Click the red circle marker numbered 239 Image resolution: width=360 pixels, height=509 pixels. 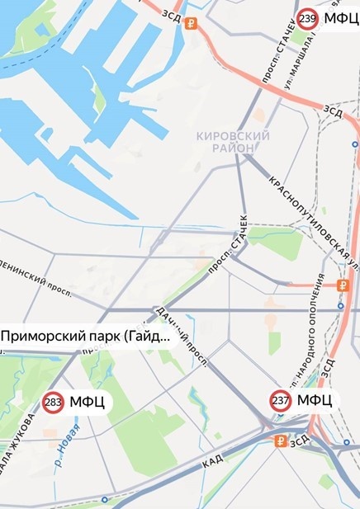point(308,19)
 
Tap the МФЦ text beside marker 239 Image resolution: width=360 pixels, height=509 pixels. point(340,19)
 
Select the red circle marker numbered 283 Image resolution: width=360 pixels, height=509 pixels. point(54,403)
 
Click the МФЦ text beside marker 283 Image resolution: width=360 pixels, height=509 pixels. point(86,403)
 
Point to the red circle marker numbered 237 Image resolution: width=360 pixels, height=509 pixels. point(281,401)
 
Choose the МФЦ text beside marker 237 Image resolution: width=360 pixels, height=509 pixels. point(314,401)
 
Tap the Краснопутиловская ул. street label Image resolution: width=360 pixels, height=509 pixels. point(310,220)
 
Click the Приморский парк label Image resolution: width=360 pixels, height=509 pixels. point(85,337)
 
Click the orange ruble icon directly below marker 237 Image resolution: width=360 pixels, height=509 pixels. point(281,441)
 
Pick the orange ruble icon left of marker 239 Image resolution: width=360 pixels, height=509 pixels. point(192,23)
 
